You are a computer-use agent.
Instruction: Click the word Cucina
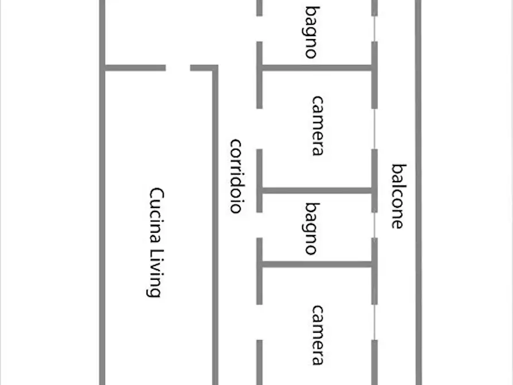coord(156,215)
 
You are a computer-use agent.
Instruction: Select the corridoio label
coord(236,176)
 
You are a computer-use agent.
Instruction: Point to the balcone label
coord(399,196)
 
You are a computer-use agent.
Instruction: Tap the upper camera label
coord(317,126)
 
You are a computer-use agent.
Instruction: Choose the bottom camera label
coord(317,335)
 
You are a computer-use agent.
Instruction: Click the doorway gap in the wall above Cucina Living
coord(178,68)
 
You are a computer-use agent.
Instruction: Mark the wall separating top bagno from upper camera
coord(317,68)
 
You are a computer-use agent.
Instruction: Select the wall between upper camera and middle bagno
coord(317,191)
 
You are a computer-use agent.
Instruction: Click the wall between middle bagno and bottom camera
coord(317,264)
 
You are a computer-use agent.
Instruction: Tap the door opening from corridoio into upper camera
coord(259,129)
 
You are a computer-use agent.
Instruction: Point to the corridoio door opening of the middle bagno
coord(259,225)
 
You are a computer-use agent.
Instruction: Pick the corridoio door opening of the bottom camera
coord(259,322)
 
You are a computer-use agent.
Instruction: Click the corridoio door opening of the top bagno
coord(259,29)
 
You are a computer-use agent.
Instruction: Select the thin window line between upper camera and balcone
coord(375,129)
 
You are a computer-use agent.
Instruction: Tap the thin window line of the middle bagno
coord(375,225)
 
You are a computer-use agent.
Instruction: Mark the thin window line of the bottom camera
coord(375,322)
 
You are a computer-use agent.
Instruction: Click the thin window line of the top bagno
coord(375,29)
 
